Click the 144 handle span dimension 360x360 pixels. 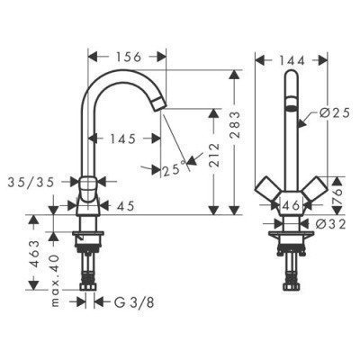point(292,58)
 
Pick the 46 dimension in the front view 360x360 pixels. point(292,205)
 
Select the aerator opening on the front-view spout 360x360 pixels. point(292,107)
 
